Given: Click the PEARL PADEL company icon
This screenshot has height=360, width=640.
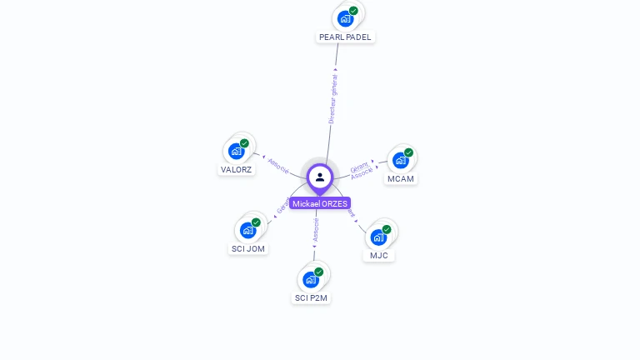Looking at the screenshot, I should pos(345,18).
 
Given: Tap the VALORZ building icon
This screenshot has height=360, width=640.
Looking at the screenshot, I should pos(237,151).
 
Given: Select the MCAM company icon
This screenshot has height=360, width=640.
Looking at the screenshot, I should pos(401,160).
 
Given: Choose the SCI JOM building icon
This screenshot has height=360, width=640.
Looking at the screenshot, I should pos(248,230).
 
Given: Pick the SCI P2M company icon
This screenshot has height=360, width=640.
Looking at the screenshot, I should pos(312,279).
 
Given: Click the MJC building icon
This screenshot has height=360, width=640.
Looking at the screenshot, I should pos(379,237).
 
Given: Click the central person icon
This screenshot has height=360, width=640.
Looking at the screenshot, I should pos(320,177).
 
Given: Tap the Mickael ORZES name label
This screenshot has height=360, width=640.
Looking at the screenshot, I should pos(320,203).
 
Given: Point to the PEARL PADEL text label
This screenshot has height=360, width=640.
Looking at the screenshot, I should pos(345,37).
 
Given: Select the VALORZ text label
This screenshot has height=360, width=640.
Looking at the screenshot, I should pos(236,169).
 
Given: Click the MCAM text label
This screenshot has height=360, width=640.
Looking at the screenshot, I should pos(401,178).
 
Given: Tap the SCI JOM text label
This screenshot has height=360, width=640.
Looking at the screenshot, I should pos(248,248).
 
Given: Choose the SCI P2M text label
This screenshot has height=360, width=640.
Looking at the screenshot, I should pos(312,297).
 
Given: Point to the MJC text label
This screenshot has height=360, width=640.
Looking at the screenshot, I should pos(379,255).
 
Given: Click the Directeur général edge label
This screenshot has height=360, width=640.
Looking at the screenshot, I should pos(332,99).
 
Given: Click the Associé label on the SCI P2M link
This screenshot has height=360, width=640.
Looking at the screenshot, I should pos(316,230).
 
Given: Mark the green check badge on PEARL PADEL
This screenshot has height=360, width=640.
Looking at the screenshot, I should pos(353,11).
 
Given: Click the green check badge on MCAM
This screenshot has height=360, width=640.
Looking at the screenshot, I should pos(408,152).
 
